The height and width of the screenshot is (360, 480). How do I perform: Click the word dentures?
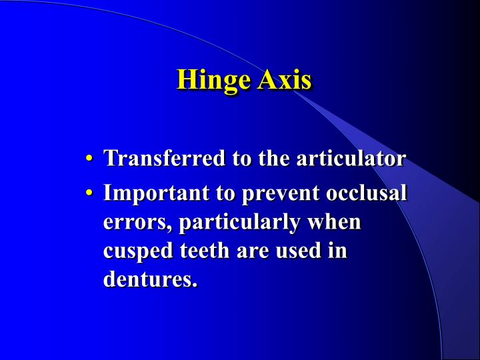(x=151, y=279)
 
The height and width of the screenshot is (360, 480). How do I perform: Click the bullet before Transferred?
(x=89, y=159)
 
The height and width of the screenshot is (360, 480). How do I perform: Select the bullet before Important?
(x=89, y=193)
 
